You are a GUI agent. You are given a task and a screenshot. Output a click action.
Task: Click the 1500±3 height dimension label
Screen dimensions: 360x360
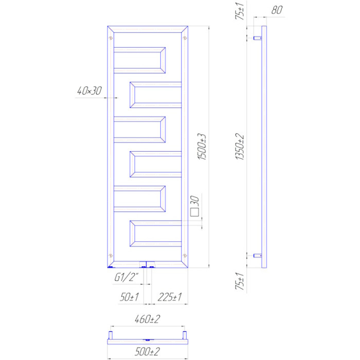[202, 147]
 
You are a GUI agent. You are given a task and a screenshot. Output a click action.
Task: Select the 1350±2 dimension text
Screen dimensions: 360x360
[240, 147]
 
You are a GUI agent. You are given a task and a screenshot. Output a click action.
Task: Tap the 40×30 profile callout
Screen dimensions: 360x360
[89, 91]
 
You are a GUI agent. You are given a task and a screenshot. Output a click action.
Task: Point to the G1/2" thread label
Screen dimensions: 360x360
[127, 278]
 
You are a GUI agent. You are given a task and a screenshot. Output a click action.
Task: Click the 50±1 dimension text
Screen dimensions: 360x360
[129, 297]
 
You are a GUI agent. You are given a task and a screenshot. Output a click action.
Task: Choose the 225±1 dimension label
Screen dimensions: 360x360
[170, 297]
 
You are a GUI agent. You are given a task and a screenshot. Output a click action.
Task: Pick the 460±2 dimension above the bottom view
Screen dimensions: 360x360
[148, 319]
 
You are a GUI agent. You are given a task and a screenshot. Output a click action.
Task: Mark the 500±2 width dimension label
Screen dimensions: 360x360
[148, 351]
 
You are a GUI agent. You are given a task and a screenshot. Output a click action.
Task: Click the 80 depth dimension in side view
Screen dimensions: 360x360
[277, 10]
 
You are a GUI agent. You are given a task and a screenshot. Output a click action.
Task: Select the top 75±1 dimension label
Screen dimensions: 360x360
[240, 11]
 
